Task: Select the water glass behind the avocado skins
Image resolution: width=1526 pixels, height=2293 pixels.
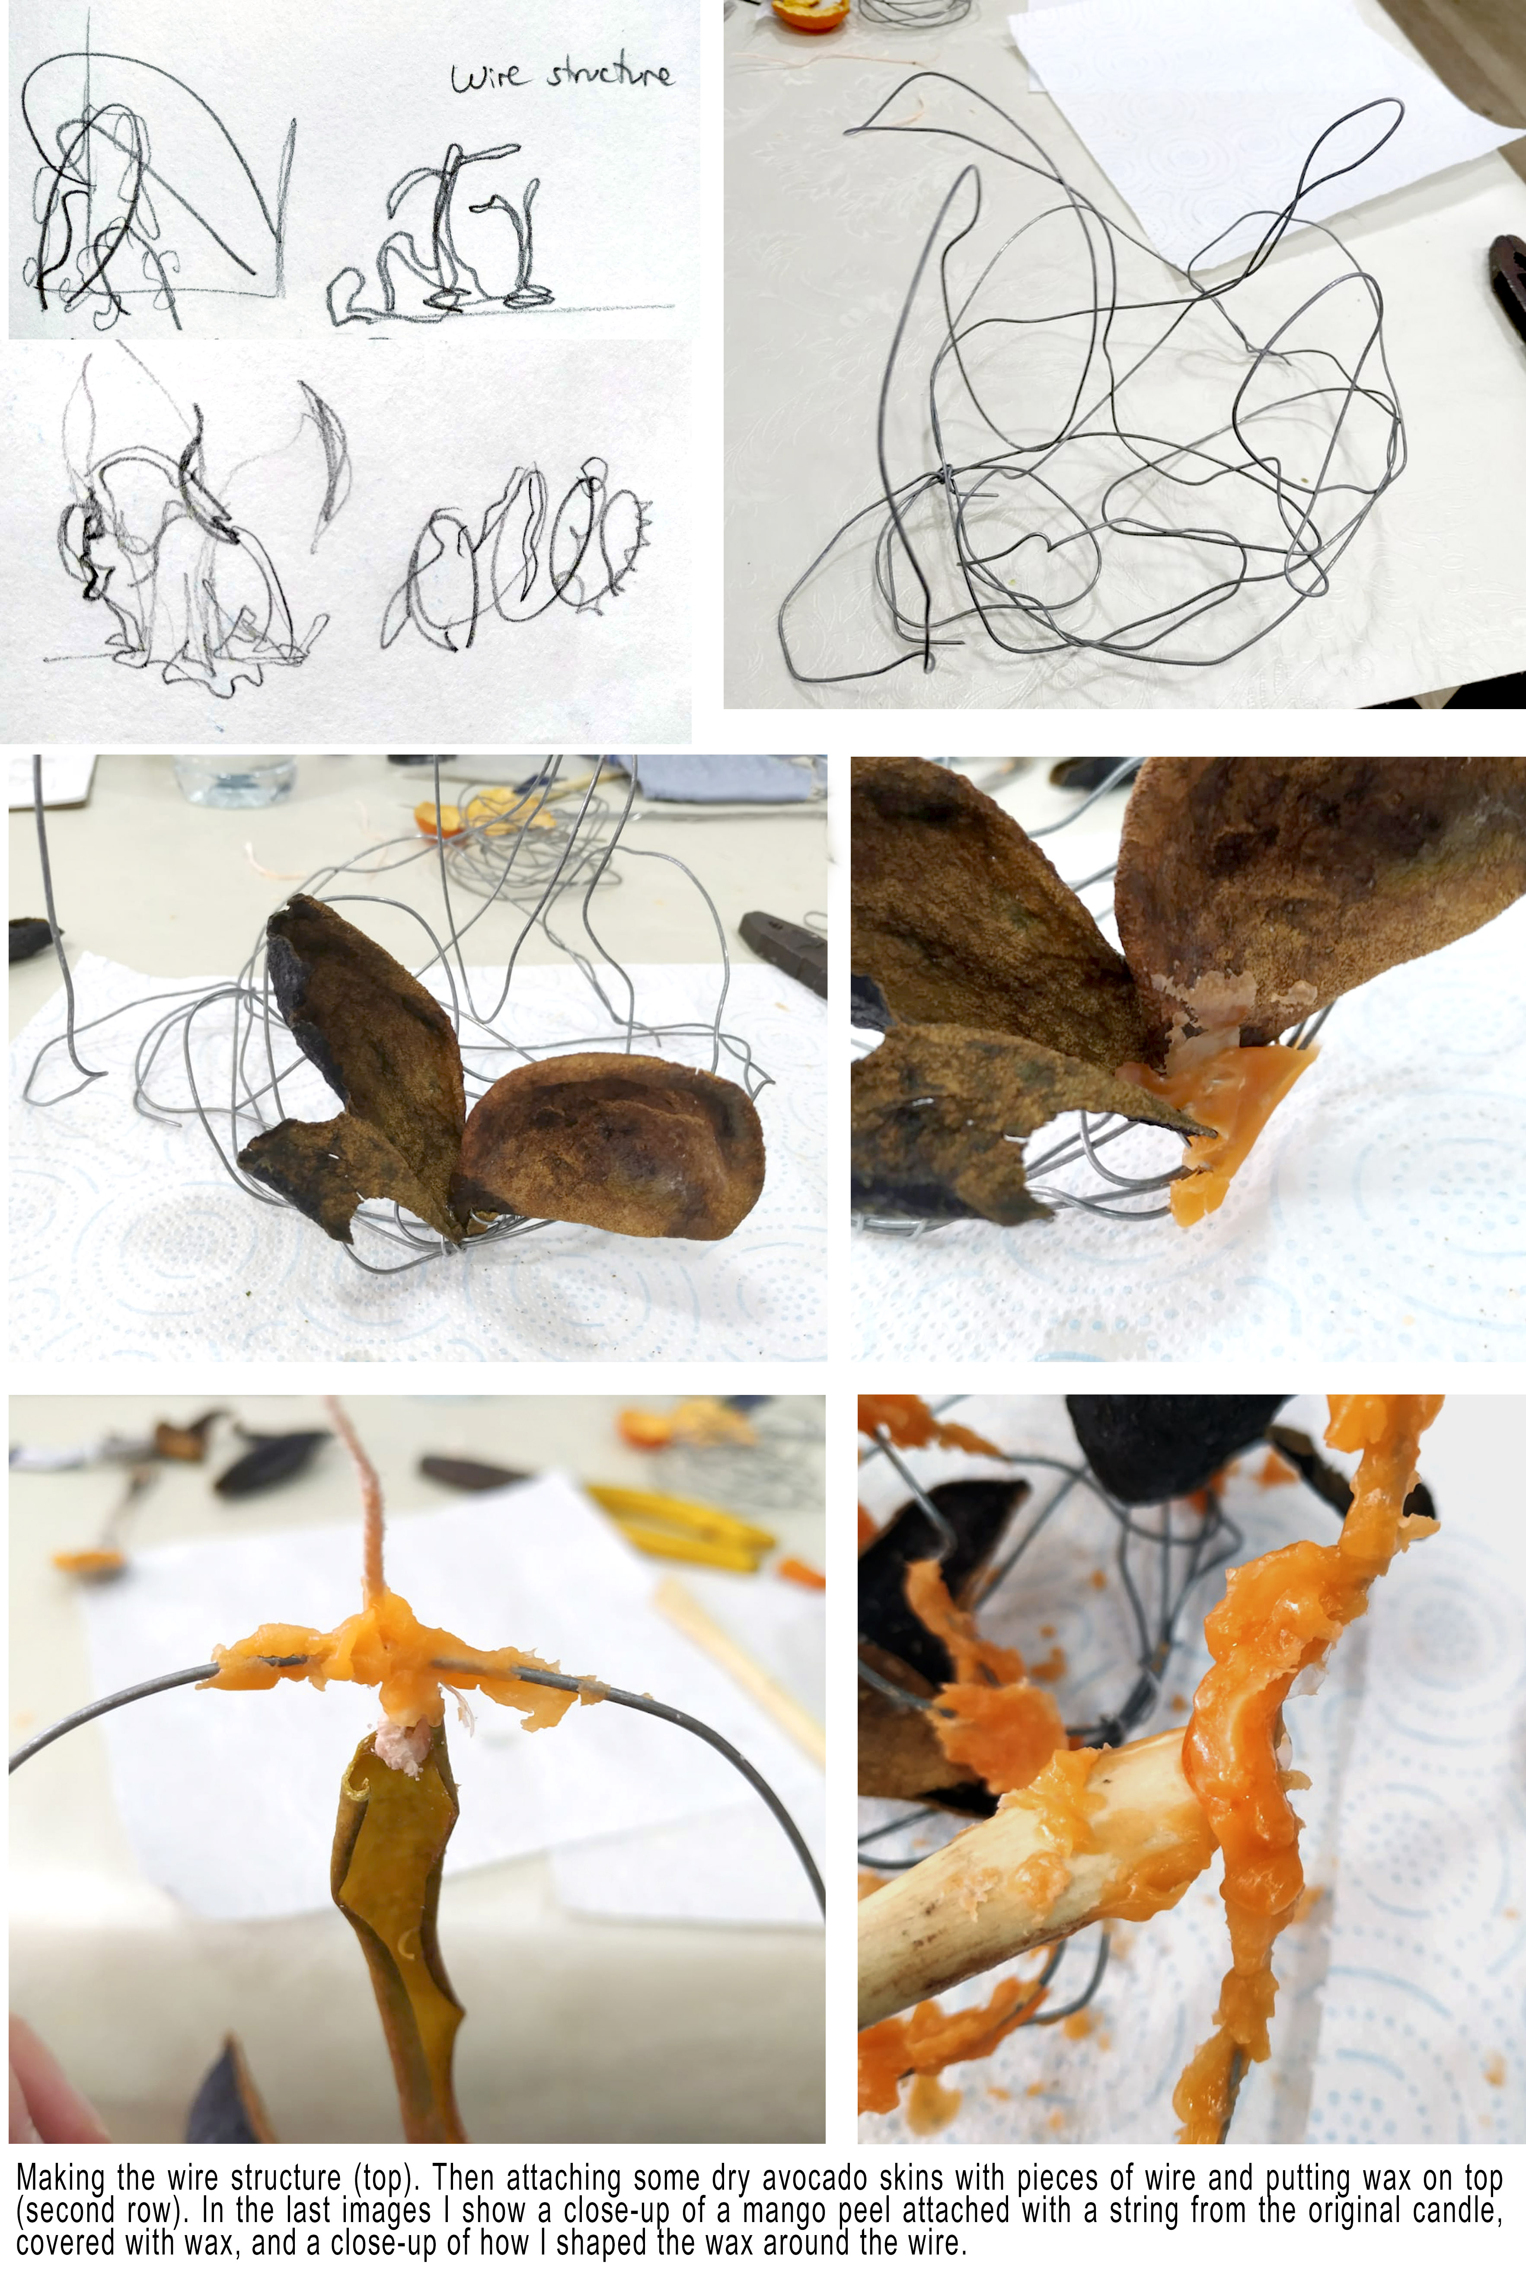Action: tap(236, 779)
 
